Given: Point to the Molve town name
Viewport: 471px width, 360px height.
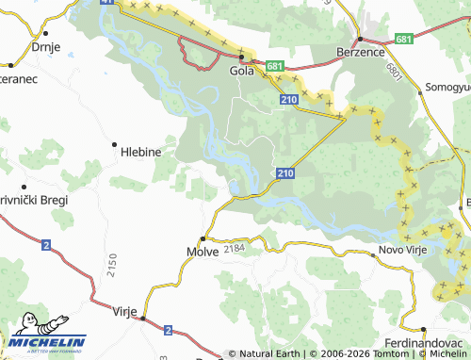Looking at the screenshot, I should [x=203, y=252].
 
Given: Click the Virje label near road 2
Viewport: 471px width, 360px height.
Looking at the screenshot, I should [x=125, y=310].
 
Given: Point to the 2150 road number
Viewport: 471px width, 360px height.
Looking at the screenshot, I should [x=111, y=263].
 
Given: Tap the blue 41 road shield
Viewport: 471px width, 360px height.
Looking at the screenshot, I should [x=106, y=4].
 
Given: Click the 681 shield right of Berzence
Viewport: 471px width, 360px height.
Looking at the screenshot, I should [x=403, y=39].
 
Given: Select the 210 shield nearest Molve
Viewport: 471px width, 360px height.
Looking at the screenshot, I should [x=285, y=173].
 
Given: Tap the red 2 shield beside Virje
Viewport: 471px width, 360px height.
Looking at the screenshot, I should [x=168, y=330].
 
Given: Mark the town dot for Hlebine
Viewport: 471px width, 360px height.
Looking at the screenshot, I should [x=114, y=144].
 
